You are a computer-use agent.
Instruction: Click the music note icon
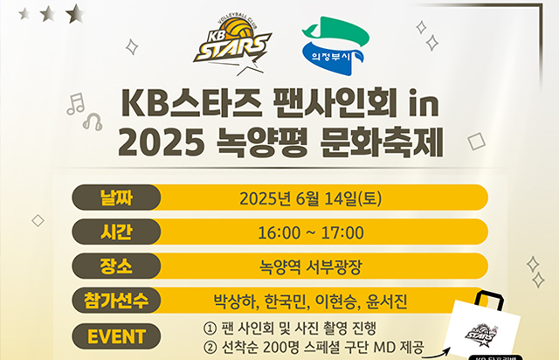(x=77, y=105)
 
